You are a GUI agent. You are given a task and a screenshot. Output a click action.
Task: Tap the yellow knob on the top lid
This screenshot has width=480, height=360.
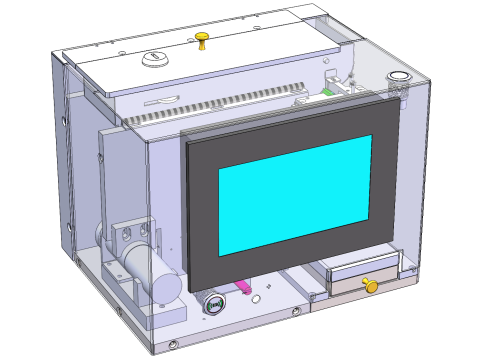tap(202, 39)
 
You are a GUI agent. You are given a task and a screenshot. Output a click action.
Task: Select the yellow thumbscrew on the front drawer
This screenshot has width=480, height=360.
tap(371, 287)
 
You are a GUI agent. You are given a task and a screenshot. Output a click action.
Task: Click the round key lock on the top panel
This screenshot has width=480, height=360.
tap(154, 59)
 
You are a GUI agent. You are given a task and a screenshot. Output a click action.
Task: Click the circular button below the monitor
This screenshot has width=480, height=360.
tap(213, 302)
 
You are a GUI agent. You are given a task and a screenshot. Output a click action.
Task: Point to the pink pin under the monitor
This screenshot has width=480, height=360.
tap(243, 289)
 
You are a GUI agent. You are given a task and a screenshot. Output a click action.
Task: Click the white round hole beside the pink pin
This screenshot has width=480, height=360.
tap(257, 299)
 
